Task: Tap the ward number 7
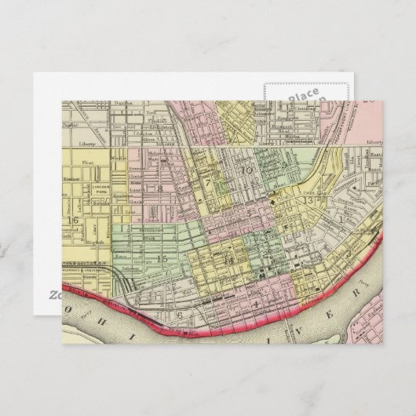pos(208,184)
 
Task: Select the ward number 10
pos(247,170)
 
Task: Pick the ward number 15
pos(162,258)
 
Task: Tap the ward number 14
pos(229,260)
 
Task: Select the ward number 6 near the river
pos(180,316)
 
